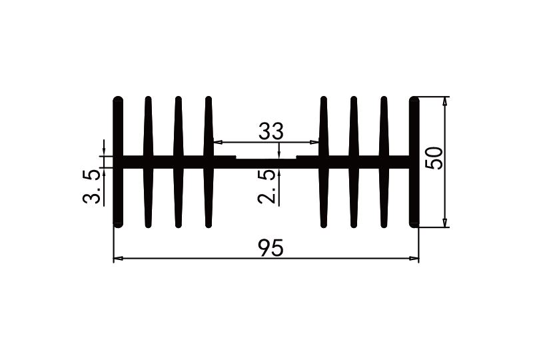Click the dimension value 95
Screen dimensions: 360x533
pos(270,248)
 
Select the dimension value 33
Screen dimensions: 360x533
pos(270,131)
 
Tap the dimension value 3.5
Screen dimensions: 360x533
pos(92,187)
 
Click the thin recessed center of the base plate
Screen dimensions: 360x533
pos(266,162)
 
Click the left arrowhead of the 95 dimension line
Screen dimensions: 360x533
pos(118,258)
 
